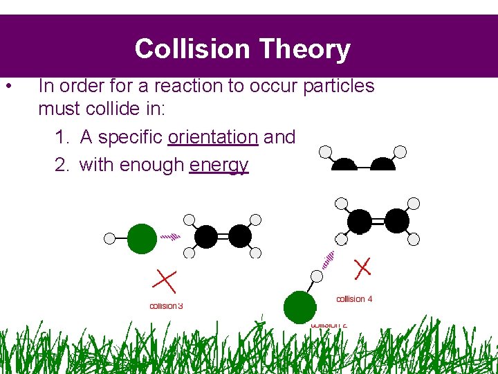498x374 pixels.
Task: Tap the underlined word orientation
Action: click(x=213, y=137)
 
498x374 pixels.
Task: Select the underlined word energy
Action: click(x=219, y=166)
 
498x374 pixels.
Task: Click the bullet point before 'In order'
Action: click(x=8, y=87)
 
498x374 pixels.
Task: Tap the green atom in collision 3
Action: click(x=142, y=238)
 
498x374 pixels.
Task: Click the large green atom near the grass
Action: click(x=299, y=307)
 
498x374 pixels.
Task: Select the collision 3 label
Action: click(x=166, y=305)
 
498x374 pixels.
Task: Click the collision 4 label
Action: click(x=354, y=299)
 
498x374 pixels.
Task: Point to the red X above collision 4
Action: click(x=362, y=268)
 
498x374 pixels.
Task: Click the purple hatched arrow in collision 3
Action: click(x=170, y=236)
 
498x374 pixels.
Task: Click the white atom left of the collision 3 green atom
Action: click(x=109, y=238)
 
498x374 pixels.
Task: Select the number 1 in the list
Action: click(x=61, y=137)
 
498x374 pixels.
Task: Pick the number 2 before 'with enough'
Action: click(x=61, y=166)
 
